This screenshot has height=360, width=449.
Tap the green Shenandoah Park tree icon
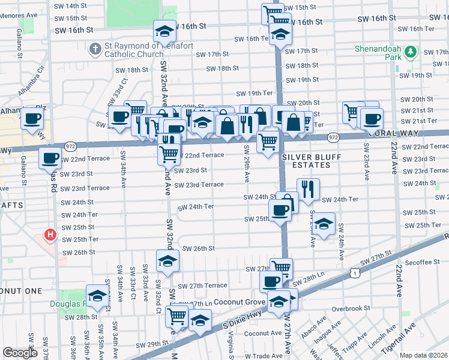411,52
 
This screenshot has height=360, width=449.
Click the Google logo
20,353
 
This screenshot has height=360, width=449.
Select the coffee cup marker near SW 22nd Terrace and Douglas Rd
50,158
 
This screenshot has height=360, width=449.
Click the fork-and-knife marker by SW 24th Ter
308,189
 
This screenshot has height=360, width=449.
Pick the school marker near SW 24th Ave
324,224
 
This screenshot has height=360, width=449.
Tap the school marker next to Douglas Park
97,295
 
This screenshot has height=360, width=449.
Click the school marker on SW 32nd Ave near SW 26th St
167,260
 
